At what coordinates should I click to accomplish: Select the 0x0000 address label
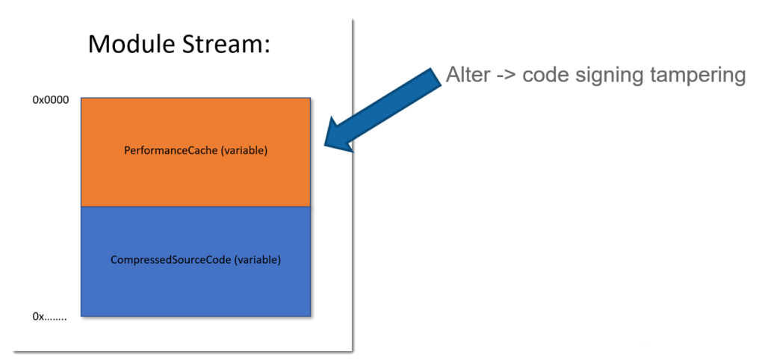pyautogui.click(x=50, y=101)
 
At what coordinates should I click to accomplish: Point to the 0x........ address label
pyautogui.click(x=49, y=317)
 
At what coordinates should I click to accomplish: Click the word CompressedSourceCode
pyautogui.click(x=171, y=260)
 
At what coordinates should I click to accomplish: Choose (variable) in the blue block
pyautogui.click(x=258, y=260)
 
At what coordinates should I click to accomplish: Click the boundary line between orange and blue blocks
pyautogui.click(x=196, y=206)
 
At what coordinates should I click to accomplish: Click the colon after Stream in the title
pyautogui.click(x=267, y=48)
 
